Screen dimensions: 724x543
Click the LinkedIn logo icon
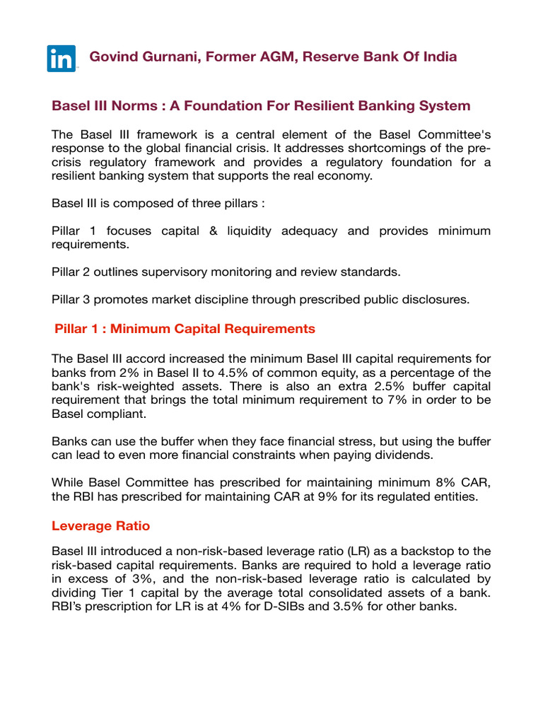[62, 58]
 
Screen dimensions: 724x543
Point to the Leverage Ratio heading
[100, 526]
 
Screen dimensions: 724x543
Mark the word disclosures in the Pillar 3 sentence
[434, 299]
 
